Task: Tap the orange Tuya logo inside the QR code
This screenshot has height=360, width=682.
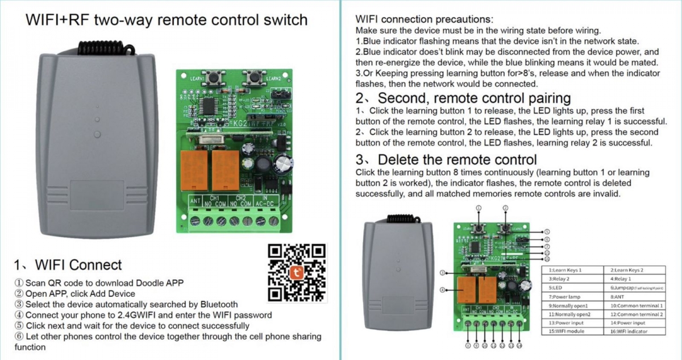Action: [297, 272]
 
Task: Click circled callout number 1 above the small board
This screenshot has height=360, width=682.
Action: [479, 208]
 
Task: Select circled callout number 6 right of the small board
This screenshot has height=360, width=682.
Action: [546, 239]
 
